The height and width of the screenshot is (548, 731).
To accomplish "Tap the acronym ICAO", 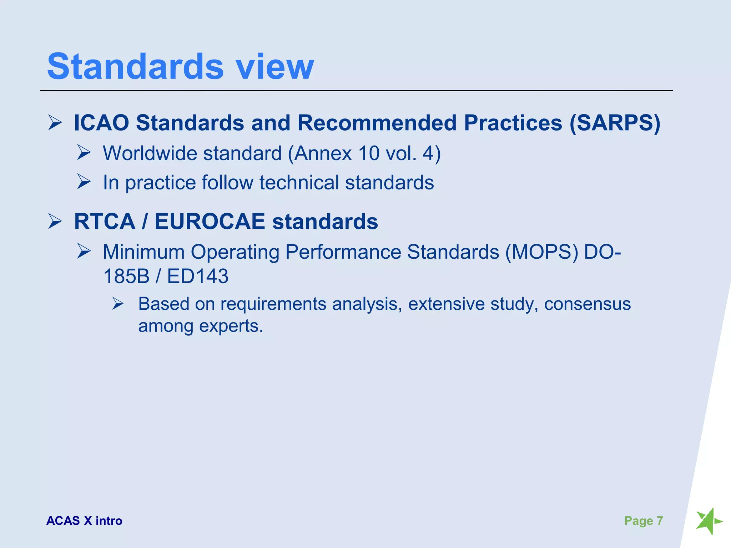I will click(101, 123).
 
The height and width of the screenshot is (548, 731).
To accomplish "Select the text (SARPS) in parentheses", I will click(615, 123).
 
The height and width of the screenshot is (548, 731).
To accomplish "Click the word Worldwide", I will click(150, 153).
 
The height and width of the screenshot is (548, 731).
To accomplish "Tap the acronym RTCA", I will click(105, 222).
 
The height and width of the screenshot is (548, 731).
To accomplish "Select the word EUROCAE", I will click(210, 222).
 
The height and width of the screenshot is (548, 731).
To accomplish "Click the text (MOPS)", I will click(541, 252).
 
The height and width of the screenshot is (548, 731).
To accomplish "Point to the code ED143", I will click(198, 276).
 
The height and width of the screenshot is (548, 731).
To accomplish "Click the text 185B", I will click(126, 276).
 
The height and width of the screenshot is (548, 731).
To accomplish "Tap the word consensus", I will click(587, 304).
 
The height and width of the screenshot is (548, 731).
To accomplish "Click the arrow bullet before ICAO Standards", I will click(55, 123).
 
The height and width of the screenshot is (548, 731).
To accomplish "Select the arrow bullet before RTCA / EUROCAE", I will click(55, 221).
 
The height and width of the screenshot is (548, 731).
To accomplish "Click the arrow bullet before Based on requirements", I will click(118, 304).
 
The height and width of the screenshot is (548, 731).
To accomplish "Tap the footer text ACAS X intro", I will click(84, 521).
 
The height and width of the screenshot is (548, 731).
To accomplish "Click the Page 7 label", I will click(643, 521).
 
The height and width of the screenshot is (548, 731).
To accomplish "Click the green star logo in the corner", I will click(708, 521).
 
